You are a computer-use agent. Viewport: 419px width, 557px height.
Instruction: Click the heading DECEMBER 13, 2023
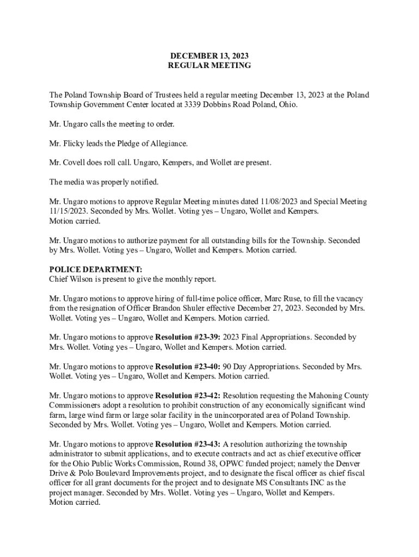click(209, 55)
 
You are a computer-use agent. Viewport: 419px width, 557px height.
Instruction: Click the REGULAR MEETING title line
click(209, 65)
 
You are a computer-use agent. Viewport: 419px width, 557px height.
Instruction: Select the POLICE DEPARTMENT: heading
click(96, 270)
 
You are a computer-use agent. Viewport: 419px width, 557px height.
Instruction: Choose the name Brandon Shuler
click(165, 308)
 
